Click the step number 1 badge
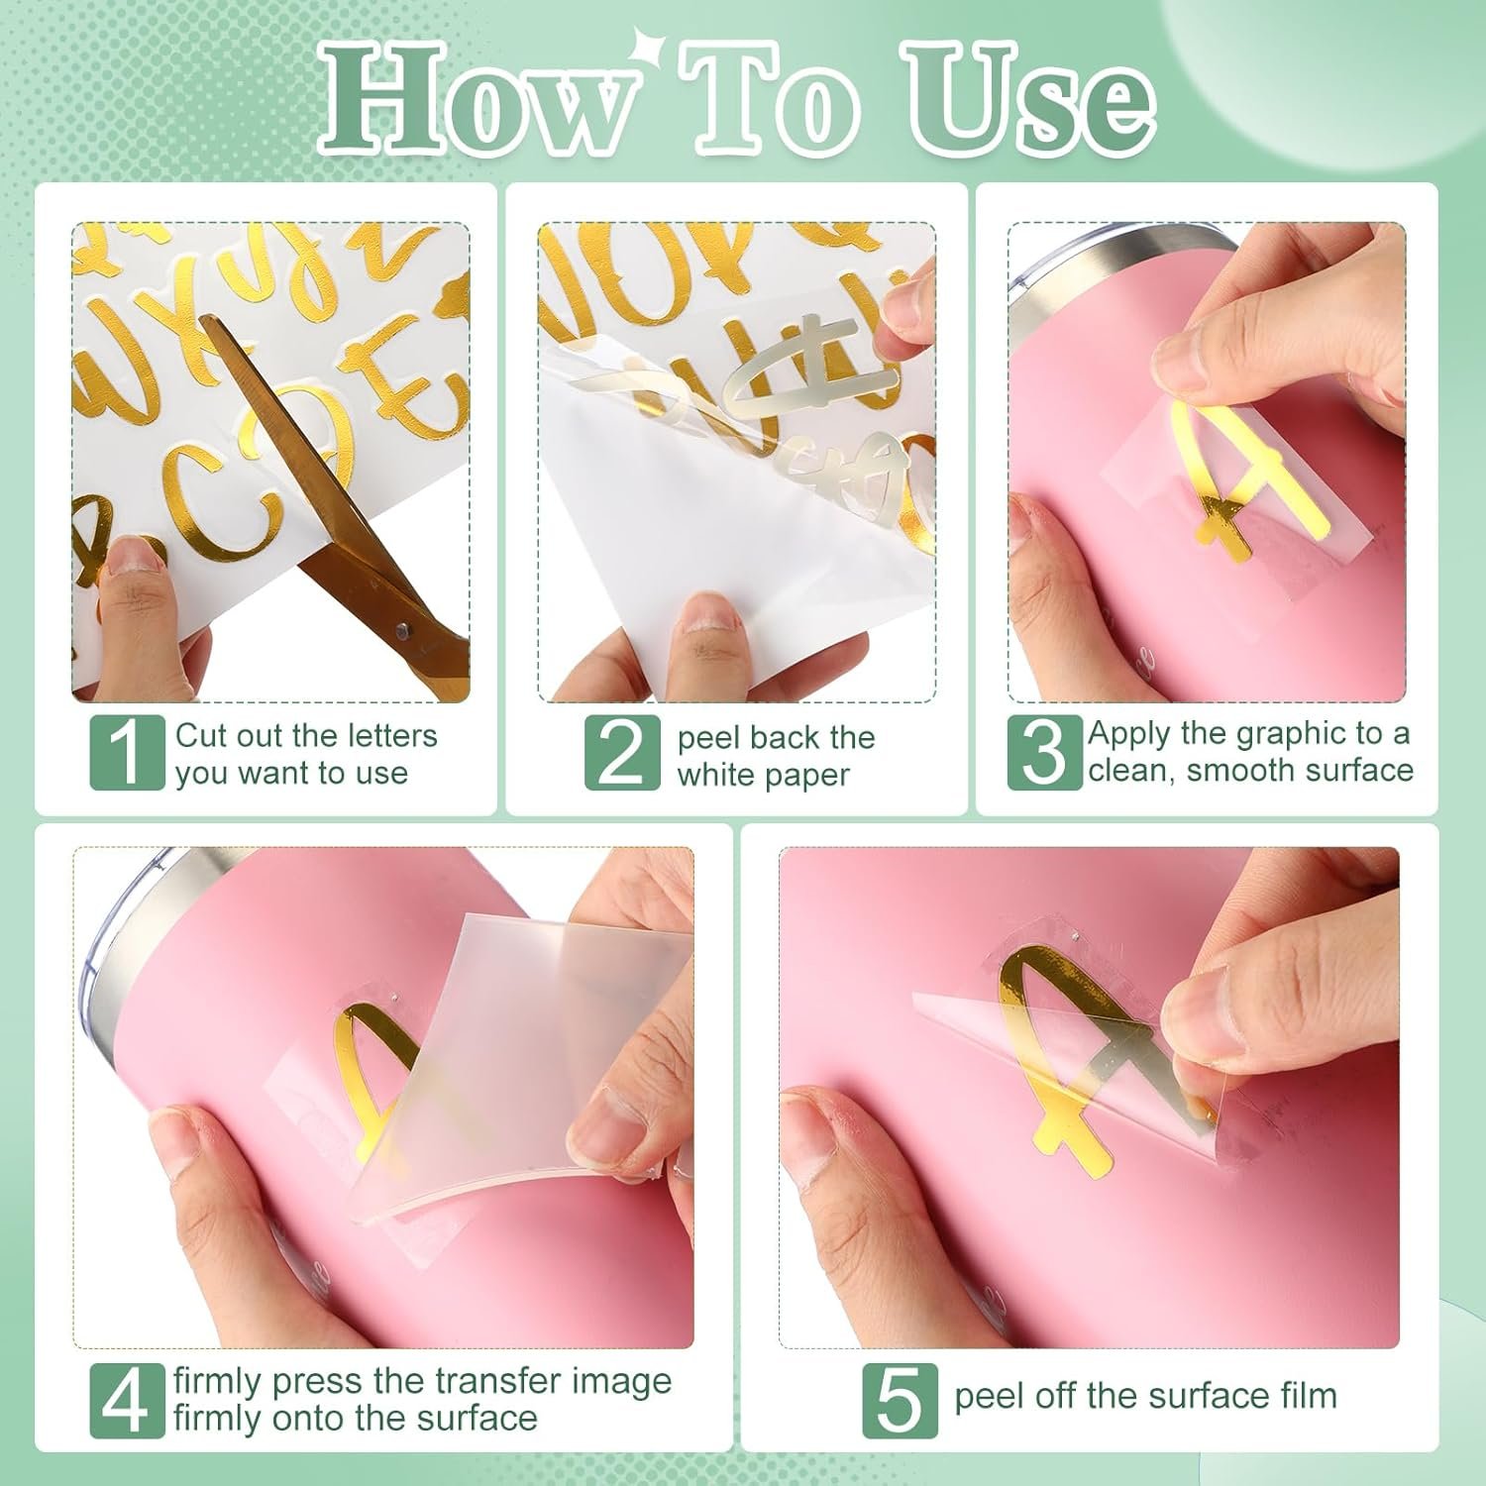click(x=127, y=753)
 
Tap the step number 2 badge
click(x=622, y=753)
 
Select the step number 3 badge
click(x=1045, y=753)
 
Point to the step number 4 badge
click(x=127, y=1401)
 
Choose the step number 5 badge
click(x=899, y=1401)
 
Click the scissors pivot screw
click(x=402, y=630)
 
